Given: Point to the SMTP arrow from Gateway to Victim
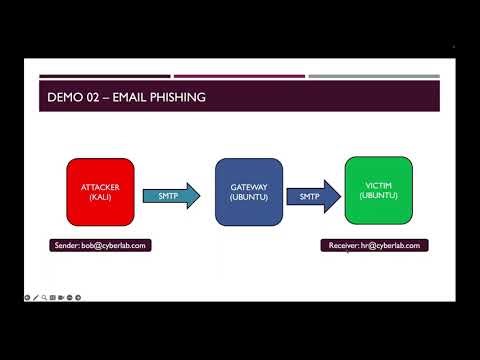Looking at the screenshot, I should [x=308, y=198].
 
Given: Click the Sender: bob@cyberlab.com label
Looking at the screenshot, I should [x=101, y=245].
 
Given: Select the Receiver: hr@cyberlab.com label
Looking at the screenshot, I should [x=374, y=245].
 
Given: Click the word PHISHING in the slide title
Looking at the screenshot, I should [x=169, y=97].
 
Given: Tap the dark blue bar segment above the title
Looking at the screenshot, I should [x=104, y=76].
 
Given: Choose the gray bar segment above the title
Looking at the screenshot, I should [x=374, y=76].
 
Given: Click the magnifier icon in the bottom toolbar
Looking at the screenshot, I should [x=45, y=297].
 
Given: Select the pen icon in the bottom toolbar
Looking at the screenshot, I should [x=36, y=297].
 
